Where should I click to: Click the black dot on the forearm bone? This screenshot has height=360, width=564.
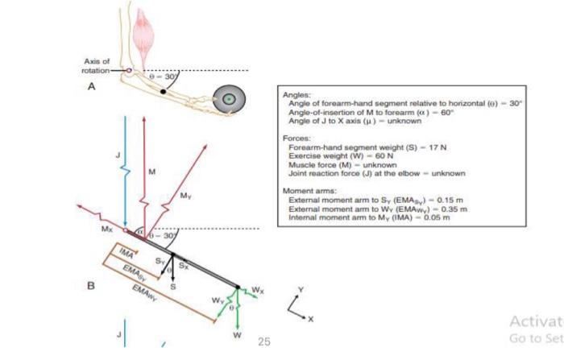click(164, 93)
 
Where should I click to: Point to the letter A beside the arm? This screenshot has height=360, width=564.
click(93, 89)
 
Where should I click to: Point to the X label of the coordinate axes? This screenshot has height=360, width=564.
click(310, 319)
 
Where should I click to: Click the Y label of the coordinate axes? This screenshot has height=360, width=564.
click(300, 288)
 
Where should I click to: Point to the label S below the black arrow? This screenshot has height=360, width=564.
click(172, 285)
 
